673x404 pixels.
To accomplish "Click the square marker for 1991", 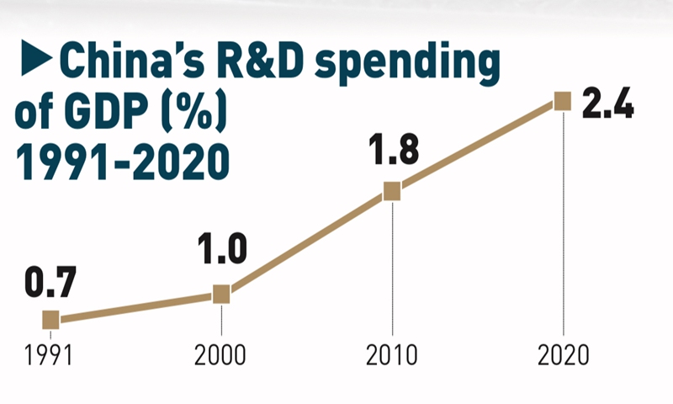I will [50, 320].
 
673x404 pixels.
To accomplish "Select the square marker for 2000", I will [221, 294].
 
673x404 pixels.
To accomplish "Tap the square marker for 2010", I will [392, 192].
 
